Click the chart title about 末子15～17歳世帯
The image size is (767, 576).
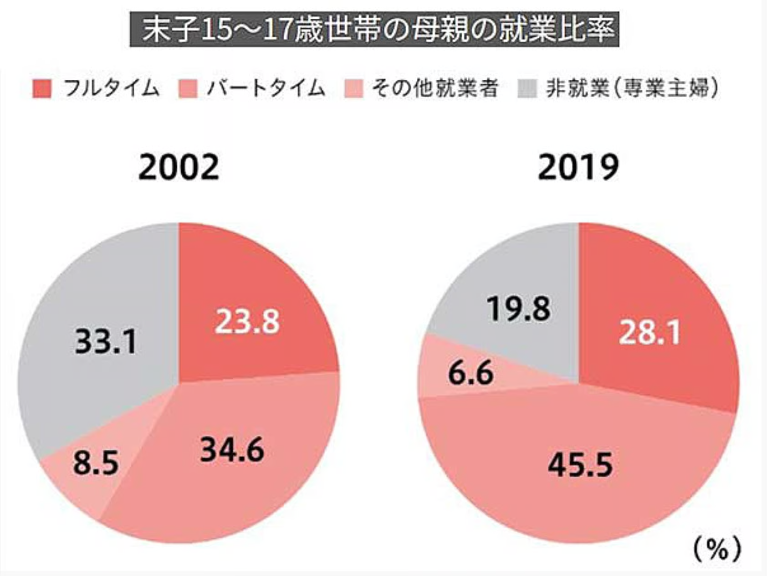click(x=374, y=30)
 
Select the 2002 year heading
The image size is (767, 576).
click(x=179, y=167)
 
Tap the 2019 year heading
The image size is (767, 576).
click(x=578, y=167)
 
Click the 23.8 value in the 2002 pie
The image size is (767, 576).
click(x=247, y=322)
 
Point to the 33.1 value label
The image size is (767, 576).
click(x=106, y=341)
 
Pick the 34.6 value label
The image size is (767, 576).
click(x=232, y=449)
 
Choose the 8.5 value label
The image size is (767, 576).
click(x=96, y=463)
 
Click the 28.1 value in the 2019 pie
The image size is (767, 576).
click(x=650, y=332)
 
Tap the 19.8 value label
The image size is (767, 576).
click(x=519, y=309)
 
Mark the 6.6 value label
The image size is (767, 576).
click(x=471, y=373)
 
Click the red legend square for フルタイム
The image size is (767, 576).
click(x=42, y=88)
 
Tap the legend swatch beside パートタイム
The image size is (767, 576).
click(x=188, y=88)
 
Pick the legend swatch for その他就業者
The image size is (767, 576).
click(x=354, y=88)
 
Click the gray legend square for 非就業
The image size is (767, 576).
click(x=527, y=88)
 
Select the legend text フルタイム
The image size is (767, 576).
click(x=112, y=88)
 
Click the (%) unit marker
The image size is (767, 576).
click(x=717, y=550)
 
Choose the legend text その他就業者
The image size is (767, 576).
click(x=435, y=88)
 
